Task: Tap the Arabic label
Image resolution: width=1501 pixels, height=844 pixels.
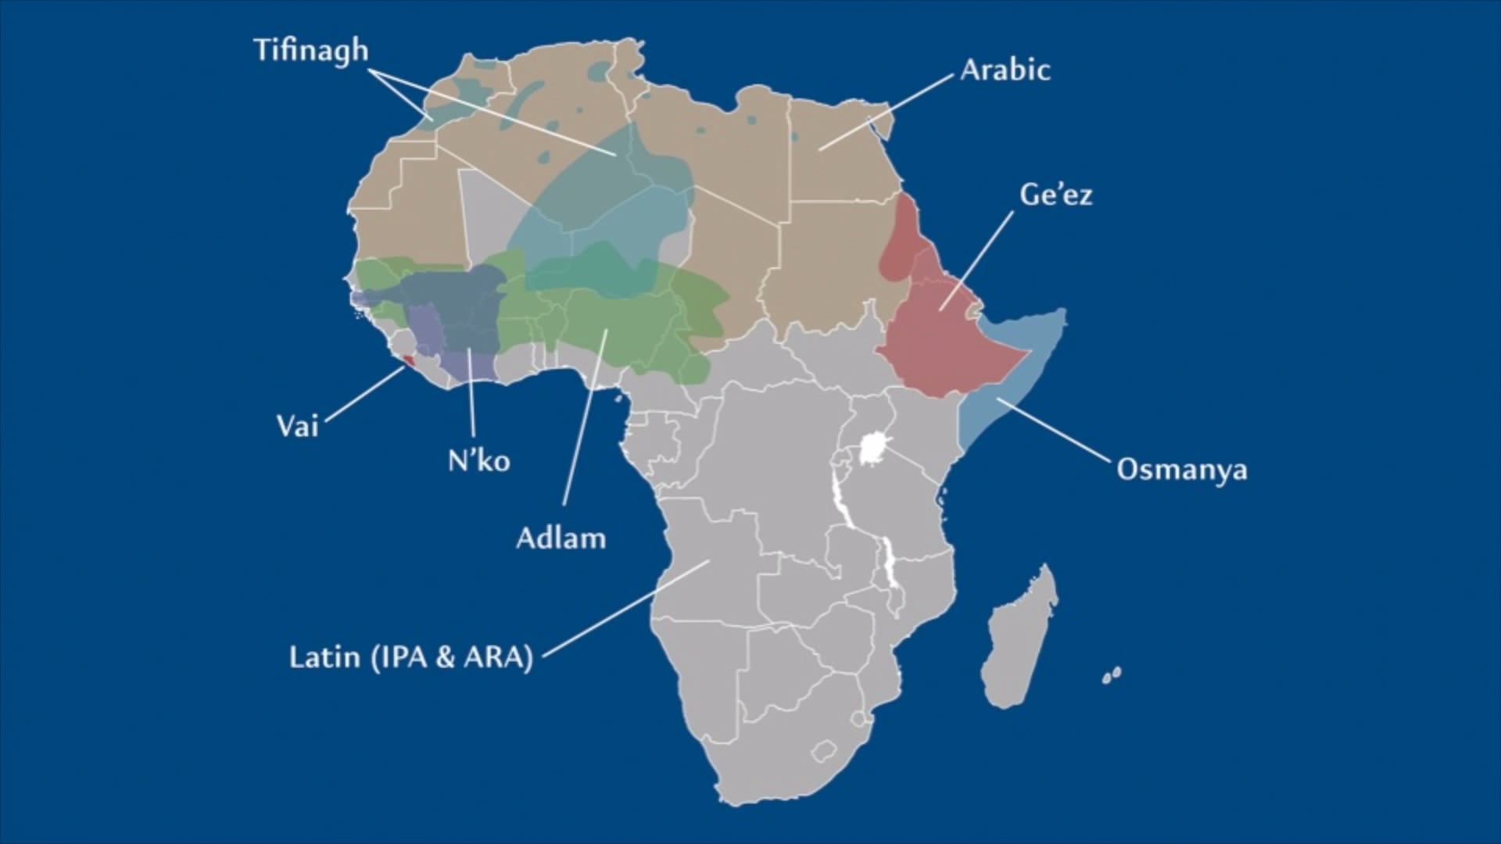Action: pyautogui.click(x=1005, y=70)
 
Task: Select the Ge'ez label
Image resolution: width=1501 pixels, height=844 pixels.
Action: pyautogui.click(x=1055, y=195)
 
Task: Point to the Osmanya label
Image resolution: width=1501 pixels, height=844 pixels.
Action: pyautogui.click(x=1181, y=470)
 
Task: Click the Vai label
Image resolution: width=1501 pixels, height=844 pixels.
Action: pyautogui.click(x=298, y=427)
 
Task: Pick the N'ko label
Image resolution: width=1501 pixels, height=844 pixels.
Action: pyautogui.click(x=478, y=461)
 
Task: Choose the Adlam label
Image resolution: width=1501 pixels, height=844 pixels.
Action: pyautogui.click(x=561, y=538)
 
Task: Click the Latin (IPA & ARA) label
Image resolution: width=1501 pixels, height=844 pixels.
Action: pyautogui.click(x=410, y=656)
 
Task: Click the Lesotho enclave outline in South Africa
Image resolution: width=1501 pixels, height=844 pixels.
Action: pyautogui.click(x=822, y=752)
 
